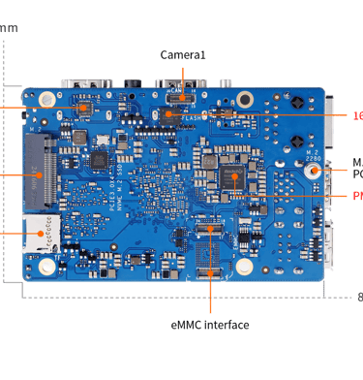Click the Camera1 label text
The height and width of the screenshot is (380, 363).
[x=183, y=56]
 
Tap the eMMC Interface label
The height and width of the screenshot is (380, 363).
[x=209, y=324]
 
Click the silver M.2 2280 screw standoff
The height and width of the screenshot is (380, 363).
[x=314, y=170]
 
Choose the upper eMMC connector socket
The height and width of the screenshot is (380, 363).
[x=210, y=227]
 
